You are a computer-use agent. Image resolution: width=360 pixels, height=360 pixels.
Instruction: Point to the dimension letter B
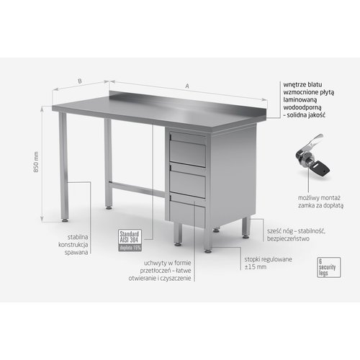[79, 81]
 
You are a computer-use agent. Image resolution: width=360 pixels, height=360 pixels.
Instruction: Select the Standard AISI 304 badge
[130, 238]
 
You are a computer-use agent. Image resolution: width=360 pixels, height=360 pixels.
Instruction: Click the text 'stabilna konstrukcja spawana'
[73, 243]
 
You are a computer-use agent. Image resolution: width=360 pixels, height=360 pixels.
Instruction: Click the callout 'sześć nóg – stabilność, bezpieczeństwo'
[291, 229]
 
